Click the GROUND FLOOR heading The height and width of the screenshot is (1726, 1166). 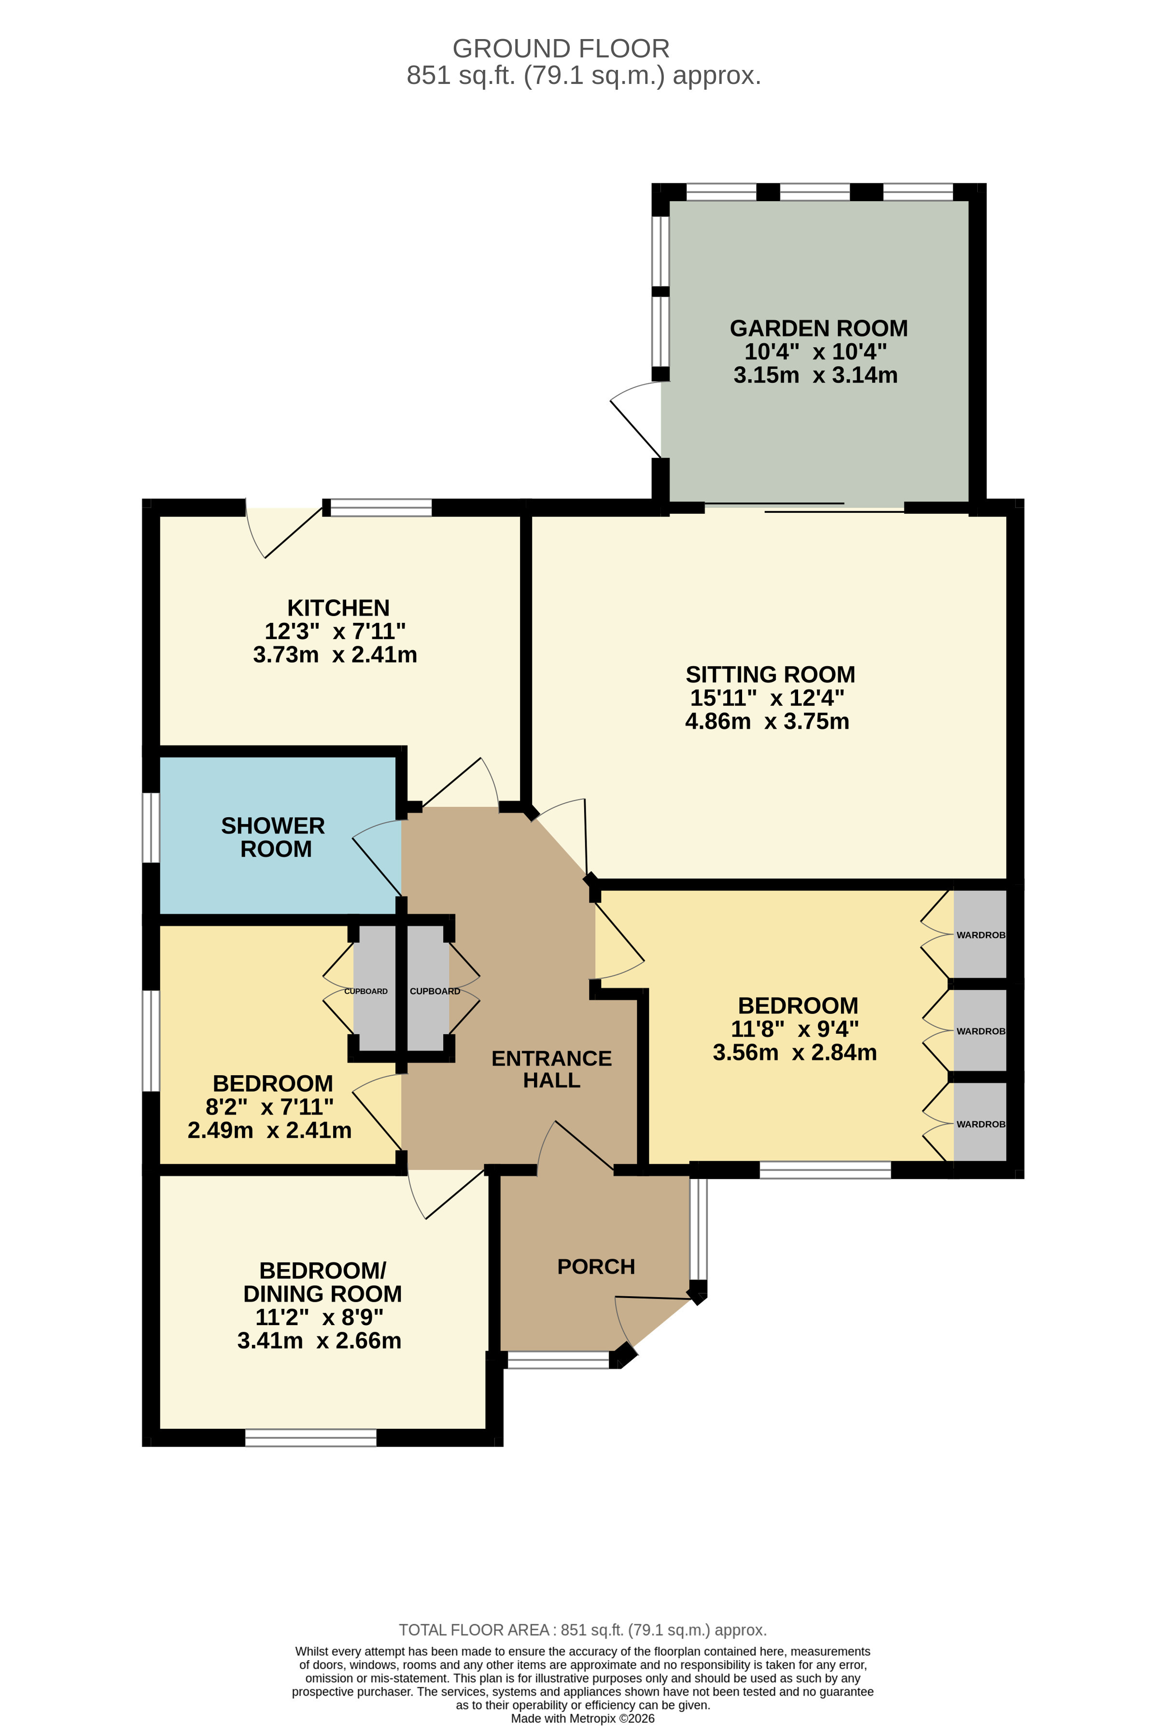pyautogui.click(x=561, y=49)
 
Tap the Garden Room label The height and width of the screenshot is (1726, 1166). pyautogui.click(x=818, y=328)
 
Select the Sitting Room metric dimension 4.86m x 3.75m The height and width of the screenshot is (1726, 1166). pyautogui.click(x=766, y=721)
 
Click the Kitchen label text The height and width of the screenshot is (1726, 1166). pyautogui.click(x=338, y=607)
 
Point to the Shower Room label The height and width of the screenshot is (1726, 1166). pyautogui.click(x=273, y=837)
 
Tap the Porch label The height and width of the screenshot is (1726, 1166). pyautogui.click(x=596, y=1266)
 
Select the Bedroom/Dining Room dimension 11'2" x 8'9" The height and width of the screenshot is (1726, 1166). pyautogui.click(x=320, y=1317)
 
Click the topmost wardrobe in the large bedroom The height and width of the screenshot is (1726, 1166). pyautogui.click(x=980, y=934)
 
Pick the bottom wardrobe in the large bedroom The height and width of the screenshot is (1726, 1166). pyautogui.click(x=980, y=1123)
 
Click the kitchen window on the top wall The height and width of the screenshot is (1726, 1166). pyautogui.click(x=380, y=508)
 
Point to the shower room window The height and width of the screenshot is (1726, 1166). pyautogui.click(x=151, y=828)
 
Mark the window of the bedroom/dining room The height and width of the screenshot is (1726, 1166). pyautogui.click(x=310, y=1438)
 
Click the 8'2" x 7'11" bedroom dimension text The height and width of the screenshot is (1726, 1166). pyautogui.click(x=269, y=1107)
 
